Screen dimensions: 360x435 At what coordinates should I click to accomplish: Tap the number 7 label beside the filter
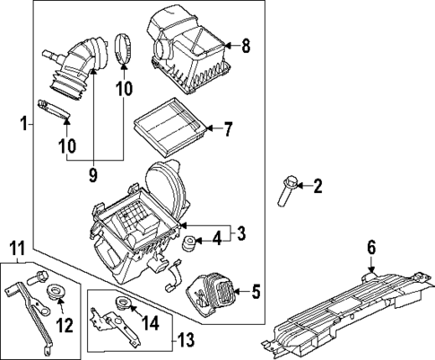228,129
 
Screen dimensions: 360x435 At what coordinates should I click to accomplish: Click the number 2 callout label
317,187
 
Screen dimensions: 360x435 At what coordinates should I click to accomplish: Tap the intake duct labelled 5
209,293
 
